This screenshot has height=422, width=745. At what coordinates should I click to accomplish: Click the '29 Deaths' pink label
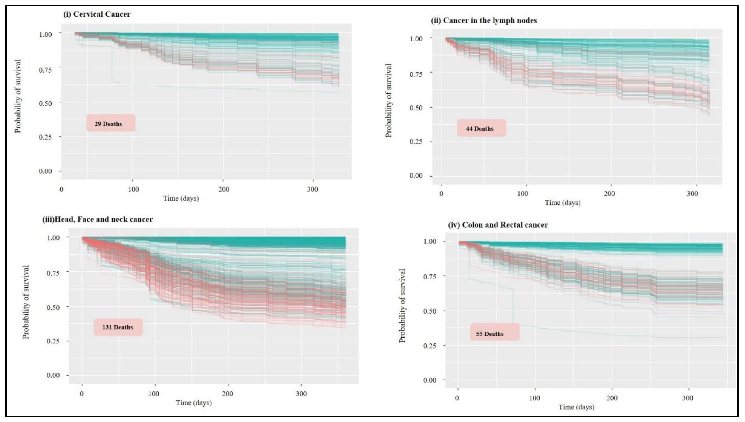[110, 123]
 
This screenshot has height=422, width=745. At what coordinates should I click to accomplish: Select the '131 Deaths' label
[118, 327]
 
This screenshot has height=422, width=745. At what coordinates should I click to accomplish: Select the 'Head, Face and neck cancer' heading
[98, 219]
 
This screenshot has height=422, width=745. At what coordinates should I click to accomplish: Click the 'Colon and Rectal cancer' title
[498, 225]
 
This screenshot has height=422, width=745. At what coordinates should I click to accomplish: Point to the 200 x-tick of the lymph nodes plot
[609, 194]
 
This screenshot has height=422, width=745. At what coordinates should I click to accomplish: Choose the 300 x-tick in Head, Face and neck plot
[301, 394]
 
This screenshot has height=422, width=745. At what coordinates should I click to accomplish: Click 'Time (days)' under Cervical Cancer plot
[181, 198]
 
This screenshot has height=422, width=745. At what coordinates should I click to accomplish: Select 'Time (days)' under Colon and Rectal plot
[576, 407]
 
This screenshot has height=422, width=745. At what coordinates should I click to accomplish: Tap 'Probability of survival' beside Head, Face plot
[26, 302]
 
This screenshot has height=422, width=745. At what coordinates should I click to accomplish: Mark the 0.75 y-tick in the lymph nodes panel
[416, 74]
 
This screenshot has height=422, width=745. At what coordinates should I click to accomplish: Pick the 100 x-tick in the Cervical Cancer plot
[133, 189]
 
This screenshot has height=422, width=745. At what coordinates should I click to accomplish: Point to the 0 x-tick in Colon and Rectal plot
[457, 398]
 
